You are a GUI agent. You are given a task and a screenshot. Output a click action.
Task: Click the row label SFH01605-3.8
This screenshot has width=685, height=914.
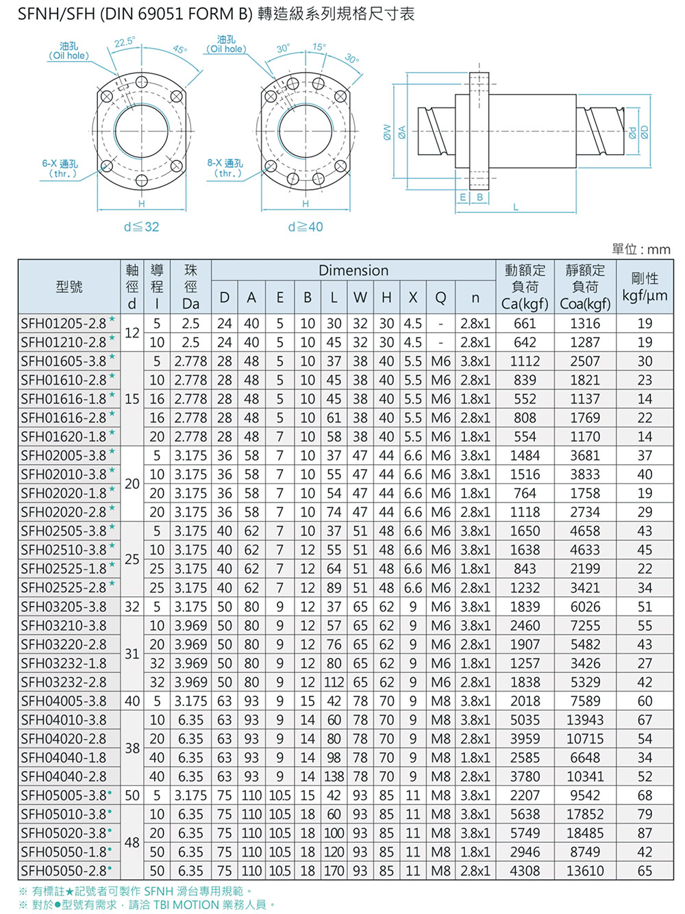[x=63, y=361]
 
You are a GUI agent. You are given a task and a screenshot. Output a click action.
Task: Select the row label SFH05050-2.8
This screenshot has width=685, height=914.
[x=63, y=871]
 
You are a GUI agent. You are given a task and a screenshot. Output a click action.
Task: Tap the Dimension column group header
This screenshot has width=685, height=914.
[x=353, y=270]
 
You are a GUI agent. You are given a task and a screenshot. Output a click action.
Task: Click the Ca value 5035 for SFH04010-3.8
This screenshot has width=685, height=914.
[x=525, y=720]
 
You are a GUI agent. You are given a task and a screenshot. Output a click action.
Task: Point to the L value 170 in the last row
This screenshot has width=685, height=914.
[x=334, y=871]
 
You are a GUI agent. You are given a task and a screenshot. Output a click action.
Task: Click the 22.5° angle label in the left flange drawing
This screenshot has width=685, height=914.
[x=125, y=42]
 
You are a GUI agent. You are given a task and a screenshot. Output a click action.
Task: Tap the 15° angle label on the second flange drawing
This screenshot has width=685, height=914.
[x=319, y=47]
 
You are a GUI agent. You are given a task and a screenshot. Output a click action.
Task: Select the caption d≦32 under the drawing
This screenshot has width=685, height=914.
[x=141, y=227]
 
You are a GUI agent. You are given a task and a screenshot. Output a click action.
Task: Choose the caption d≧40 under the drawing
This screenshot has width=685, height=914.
[x=306, y=227]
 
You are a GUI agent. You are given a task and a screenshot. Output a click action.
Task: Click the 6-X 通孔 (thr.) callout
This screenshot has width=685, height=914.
[x=60, y=168]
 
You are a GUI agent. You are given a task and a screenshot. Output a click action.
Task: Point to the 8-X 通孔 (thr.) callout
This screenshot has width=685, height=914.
[x=225, y=168]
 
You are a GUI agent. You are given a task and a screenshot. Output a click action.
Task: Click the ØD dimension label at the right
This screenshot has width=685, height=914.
[x=645, y=131]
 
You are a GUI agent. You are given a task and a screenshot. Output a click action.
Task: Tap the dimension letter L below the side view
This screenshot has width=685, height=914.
[x=515, y=207]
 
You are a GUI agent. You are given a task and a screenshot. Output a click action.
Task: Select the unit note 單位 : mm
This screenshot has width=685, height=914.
[x=640, y=249]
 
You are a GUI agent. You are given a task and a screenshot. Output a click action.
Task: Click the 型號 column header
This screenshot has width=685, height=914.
[x=69, y=287]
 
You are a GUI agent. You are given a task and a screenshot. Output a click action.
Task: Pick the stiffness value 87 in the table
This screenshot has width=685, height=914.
[x=645, y=833]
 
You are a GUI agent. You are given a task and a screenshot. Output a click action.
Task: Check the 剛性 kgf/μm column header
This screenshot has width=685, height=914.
[x=645, y=287]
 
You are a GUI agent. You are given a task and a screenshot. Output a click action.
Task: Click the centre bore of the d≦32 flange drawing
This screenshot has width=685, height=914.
[x=142, y=129]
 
